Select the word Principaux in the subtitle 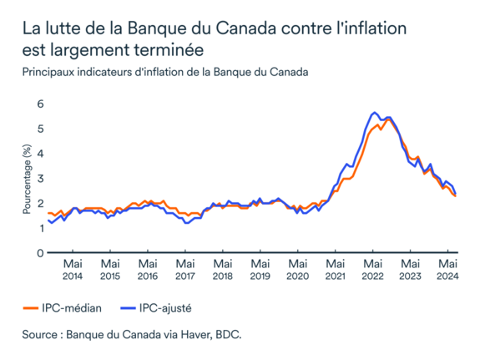(52, 72)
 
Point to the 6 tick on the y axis (39, 104)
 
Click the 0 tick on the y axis (39, 252)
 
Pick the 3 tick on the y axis (39, 179)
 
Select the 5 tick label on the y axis (39, 129)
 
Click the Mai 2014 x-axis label (73, 270)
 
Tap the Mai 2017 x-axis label (184, 270)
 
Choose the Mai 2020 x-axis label (297, 270)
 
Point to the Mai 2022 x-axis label (372, 270)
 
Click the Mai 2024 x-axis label (447, 270)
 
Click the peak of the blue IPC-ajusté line (375, 112)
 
